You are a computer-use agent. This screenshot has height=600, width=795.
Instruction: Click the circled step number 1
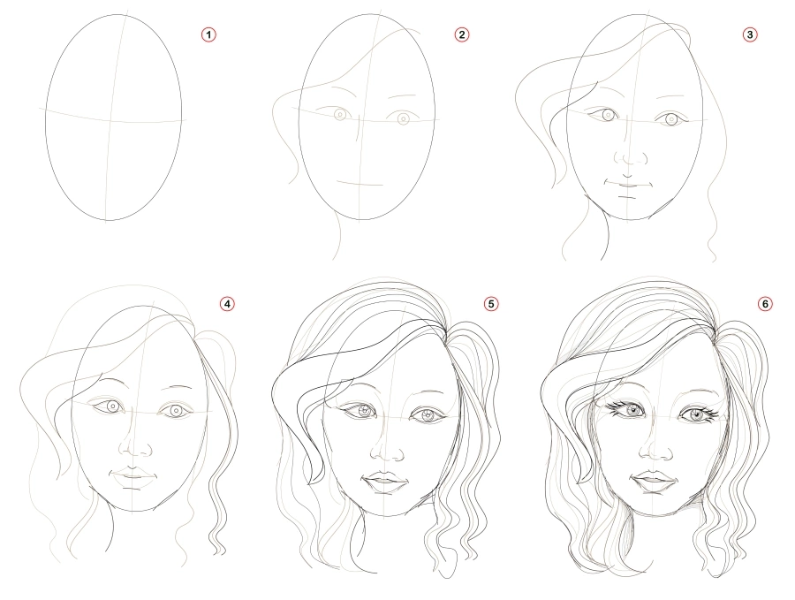coord(209,34)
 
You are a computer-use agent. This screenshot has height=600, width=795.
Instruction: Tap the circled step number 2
coord(461,34)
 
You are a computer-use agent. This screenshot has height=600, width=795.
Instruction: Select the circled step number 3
coord(750,34)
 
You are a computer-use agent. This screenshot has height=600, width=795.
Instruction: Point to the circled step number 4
coord(228,304)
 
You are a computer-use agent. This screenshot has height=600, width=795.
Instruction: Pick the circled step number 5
coord(491,304)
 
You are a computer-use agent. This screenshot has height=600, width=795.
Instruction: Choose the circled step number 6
coord(765,304)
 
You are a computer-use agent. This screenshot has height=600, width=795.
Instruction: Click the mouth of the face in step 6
coord(652,482)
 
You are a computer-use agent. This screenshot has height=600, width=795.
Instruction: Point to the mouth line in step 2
coord(360,183)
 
